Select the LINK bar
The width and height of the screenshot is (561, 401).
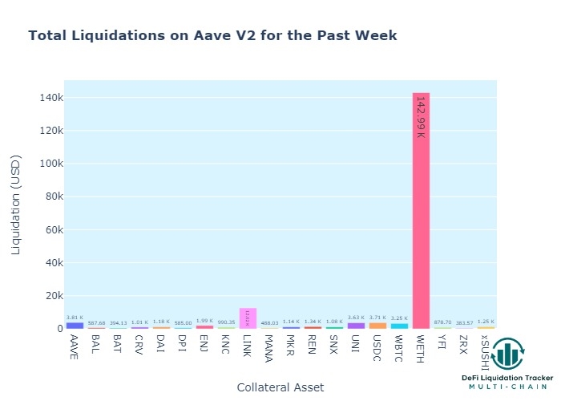pos(248,318)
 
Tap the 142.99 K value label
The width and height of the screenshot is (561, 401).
pos(420,117)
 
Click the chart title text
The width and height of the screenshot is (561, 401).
pos(212,36)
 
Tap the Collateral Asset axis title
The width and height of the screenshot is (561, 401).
pos(280,387)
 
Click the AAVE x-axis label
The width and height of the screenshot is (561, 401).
pos(75,346)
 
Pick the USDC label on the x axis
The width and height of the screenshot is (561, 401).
pos(377,346)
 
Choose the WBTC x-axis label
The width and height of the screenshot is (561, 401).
pos(399,347)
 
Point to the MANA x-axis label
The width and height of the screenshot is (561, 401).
pos(269,347)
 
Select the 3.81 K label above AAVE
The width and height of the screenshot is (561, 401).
pos(75,318)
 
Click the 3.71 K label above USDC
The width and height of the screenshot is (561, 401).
pos(377,318)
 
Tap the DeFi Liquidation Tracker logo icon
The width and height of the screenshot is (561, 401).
pos(507,354)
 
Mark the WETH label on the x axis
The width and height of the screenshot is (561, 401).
pos(421,346)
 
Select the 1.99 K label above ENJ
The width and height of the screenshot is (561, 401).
pos(204,321)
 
